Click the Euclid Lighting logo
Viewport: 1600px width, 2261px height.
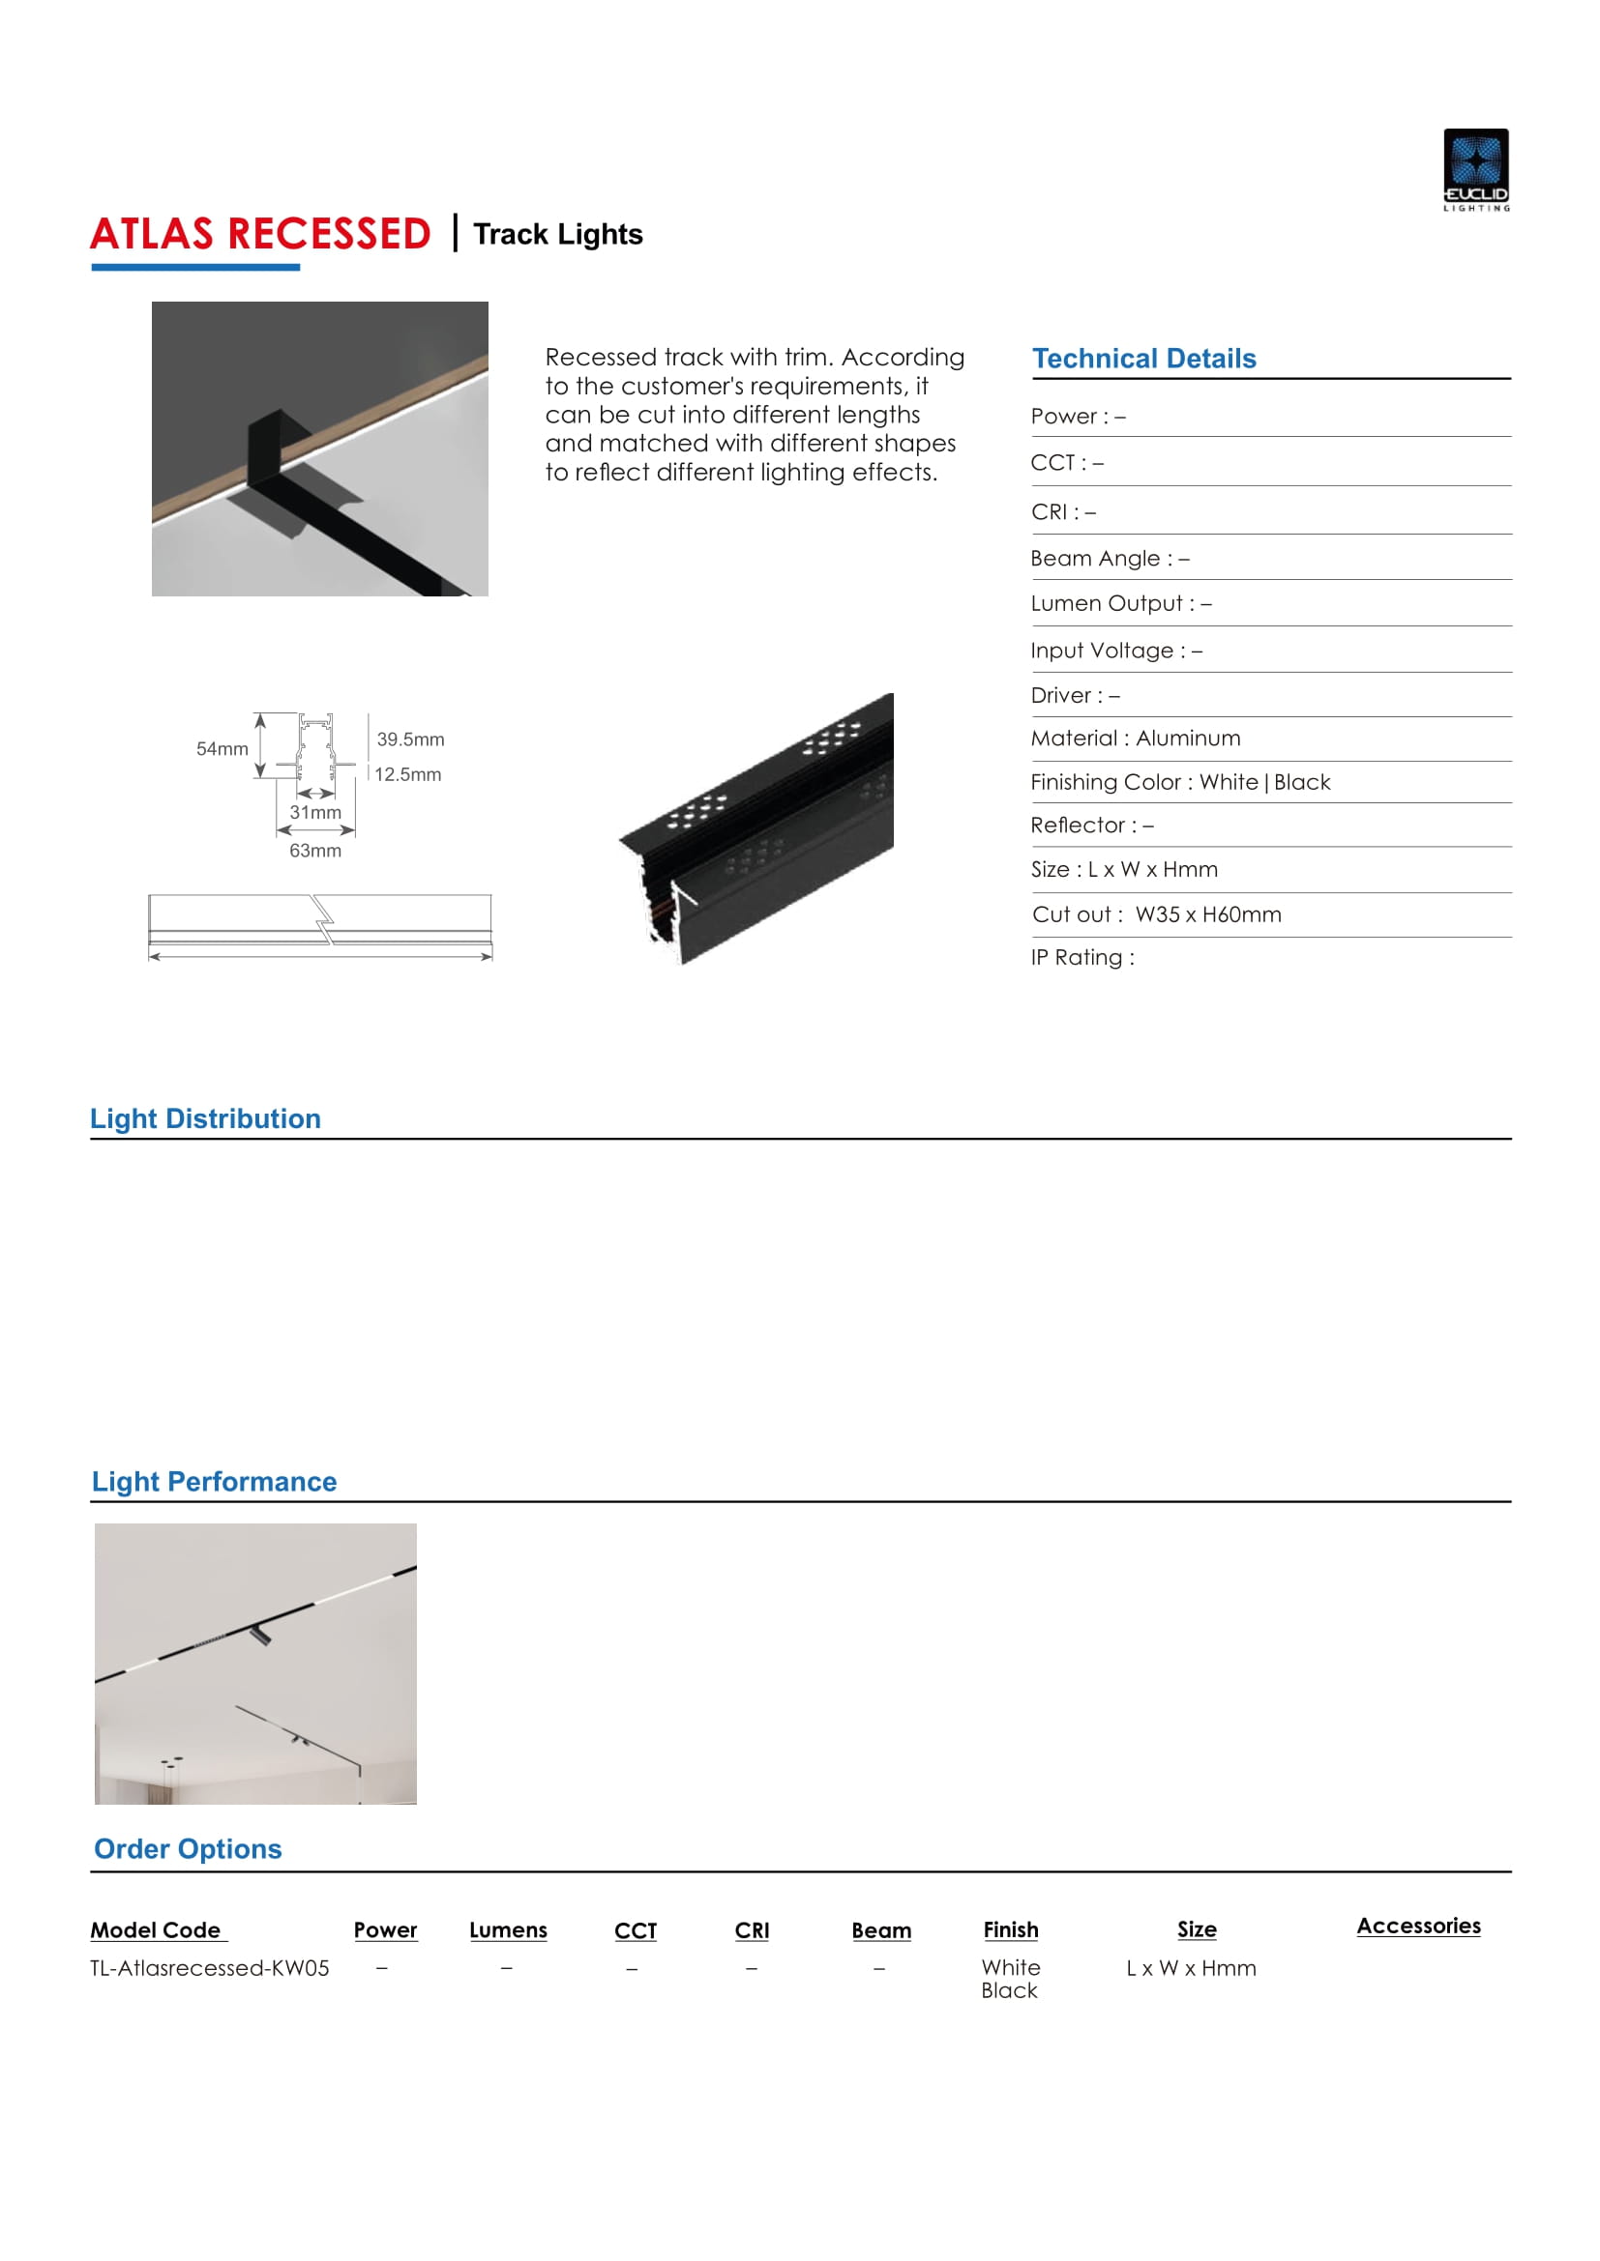pos(1475,169)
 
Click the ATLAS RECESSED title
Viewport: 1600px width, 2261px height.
pos(260,234)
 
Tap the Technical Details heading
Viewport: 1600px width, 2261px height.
pos(1143,359)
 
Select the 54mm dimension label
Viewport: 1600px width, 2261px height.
pos(222,748)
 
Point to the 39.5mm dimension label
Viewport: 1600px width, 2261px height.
pos(410,739)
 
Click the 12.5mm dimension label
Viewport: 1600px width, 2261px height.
pos(408,774)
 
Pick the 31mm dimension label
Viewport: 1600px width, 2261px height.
pos(315,812)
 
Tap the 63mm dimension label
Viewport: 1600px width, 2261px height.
pos(315,851)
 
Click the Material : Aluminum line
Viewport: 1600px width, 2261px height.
pos(1135,739)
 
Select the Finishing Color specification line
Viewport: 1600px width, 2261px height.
pos(1180,782)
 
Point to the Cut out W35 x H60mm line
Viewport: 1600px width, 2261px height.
pos(1157,913)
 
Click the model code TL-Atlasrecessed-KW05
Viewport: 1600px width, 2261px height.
pos(210,1967)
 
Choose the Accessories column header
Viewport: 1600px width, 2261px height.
pos(1418,1927)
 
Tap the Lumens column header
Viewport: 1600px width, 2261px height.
pos(508,1930)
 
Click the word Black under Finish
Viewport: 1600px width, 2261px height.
pos(1009,1990)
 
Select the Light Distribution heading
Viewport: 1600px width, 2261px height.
pos(205,1118)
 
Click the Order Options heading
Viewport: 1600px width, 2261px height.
pos(188,1848)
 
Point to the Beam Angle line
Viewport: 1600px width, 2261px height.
pos(1110,559)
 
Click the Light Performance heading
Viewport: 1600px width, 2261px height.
pos(214,1481)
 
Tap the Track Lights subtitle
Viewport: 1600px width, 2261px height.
pos(557,234)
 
